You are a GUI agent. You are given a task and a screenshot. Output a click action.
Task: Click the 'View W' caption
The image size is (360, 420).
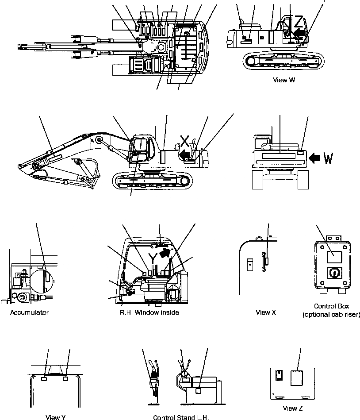coord(284,80)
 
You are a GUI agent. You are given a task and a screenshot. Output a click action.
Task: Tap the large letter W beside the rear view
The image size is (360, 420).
coord(328,158)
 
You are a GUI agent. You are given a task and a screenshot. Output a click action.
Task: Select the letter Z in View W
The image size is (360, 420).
coord(299,21)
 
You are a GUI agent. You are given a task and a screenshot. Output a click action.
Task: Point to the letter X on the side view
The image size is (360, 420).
coord(186,141)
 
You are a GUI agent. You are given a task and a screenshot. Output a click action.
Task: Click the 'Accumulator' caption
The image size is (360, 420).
coord(29,312)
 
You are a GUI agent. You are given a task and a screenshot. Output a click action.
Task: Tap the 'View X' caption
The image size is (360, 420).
coord(266,312)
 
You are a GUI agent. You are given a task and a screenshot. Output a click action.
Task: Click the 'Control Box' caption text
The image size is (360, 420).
coord(330,306)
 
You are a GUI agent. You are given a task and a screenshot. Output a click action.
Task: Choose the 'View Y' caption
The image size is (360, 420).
coord(56,417)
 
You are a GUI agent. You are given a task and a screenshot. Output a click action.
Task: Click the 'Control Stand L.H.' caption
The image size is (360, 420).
coord(180,417)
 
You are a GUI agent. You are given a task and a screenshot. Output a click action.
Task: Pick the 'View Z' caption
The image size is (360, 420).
coord(293,408)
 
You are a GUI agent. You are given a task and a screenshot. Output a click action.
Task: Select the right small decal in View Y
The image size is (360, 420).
coord(65,379)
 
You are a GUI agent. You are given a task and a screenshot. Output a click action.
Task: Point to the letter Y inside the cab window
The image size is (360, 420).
coord(152,258)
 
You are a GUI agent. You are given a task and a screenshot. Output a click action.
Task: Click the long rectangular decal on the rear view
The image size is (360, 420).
coord(278,156)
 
